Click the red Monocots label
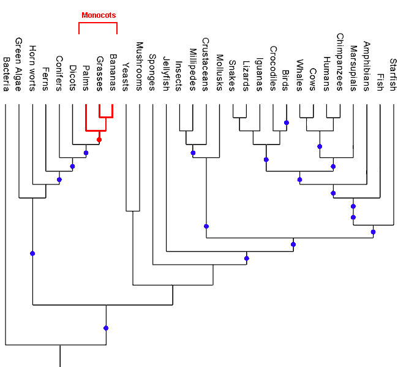pyautogui.click(x=99, y=15)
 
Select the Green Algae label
pyautogui.click(x=19, y=64)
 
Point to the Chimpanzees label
pyautogui.click(x=340, y=62)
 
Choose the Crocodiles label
pyautogui.click(x=273, y=68)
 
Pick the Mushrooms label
pyautogui.click(x=139, y=66)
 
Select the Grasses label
pyautogui.click(x=99, y=73)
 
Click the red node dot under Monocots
pyautogui.click(x=99, y=140)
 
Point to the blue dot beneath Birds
pyautogui.click(x=286, y=123)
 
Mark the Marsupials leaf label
pyautogui.click(x=353, y=67)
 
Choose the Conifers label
pyautogui.click(x=59, y=73)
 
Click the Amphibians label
pyautogui.click(x=367, y=66)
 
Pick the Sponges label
pyautogui.click(x=152, y=72)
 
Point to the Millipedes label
pyautogui.click(x=193, y=69)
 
